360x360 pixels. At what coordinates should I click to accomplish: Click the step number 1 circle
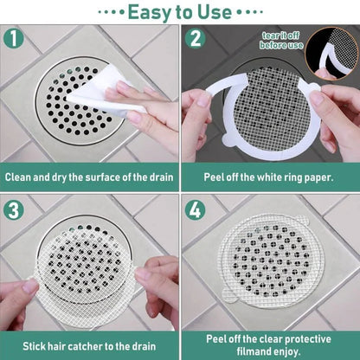[x=14, y=40]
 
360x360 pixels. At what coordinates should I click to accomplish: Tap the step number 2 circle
[x=195, y=40]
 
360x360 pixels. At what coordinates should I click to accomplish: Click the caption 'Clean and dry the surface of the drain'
[x=89, y=177]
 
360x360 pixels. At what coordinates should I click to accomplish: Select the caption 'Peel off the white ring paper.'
[x=269, y=177]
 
